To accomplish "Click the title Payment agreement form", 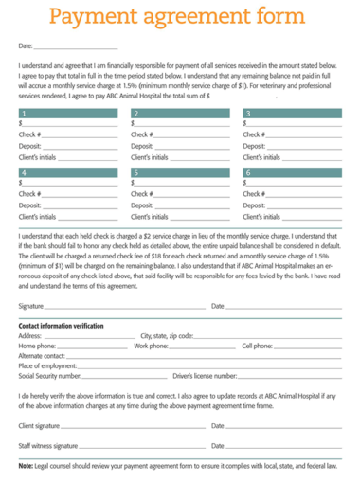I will click(176, 18).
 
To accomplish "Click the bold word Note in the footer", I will click(26, 466).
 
